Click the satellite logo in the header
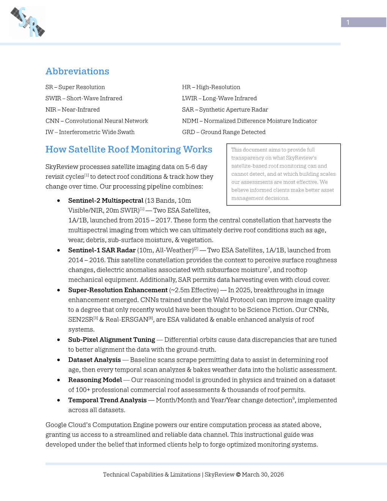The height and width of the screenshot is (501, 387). (28, 22)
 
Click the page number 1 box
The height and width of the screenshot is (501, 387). (363, 22)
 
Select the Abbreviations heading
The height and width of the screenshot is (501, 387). (77, 71)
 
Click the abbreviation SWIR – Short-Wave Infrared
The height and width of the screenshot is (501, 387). (84, 98)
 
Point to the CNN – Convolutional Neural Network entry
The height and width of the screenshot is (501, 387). (97, 121)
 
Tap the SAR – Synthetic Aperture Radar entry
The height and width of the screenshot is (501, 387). (225, 110)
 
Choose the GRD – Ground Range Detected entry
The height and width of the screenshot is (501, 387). (224, 132)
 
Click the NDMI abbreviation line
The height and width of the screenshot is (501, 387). (249, 121)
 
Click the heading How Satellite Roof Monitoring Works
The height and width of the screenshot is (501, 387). (129, 150)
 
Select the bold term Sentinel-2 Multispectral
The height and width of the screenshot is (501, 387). (105, 200)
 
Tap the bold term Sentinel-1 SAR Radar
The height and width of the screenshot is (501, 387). (102, 250)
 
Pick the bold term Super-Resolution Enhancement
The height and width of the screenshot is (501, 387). (118, 290)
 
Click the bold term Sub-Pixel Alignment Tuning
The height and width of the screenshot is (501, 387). (112, 340)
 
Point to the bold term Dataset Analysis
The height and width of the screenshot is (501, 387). (94, 360)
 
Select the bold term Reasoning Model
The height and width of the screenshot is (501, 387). (95, 380)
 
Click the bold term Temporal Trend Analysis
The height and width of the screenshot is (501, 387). (107, 400)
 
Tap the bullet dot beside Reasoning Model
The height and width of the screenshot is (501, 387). (58, 380)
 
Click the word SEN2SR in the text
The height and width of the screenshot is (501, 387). (80, 320)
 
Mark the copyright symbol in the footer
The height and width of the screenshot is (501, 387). (238, 474)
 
